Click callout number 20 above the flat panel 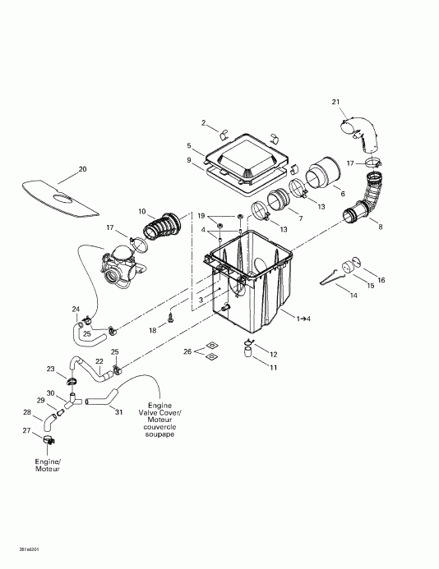pyautogui.click(x=82, y=170)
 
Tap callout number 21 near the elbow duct pyautogui.click(x=335, y=102)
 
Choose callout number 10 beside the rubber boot pyautogui.click(x=141, y=212)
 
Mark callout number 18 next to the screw pyautogui.click(x=152, y=329)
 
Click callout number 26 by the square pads pyautogui.click(x=187, y=351)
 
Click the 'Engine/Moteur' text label pyautogui.click(x=47, y=466)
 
